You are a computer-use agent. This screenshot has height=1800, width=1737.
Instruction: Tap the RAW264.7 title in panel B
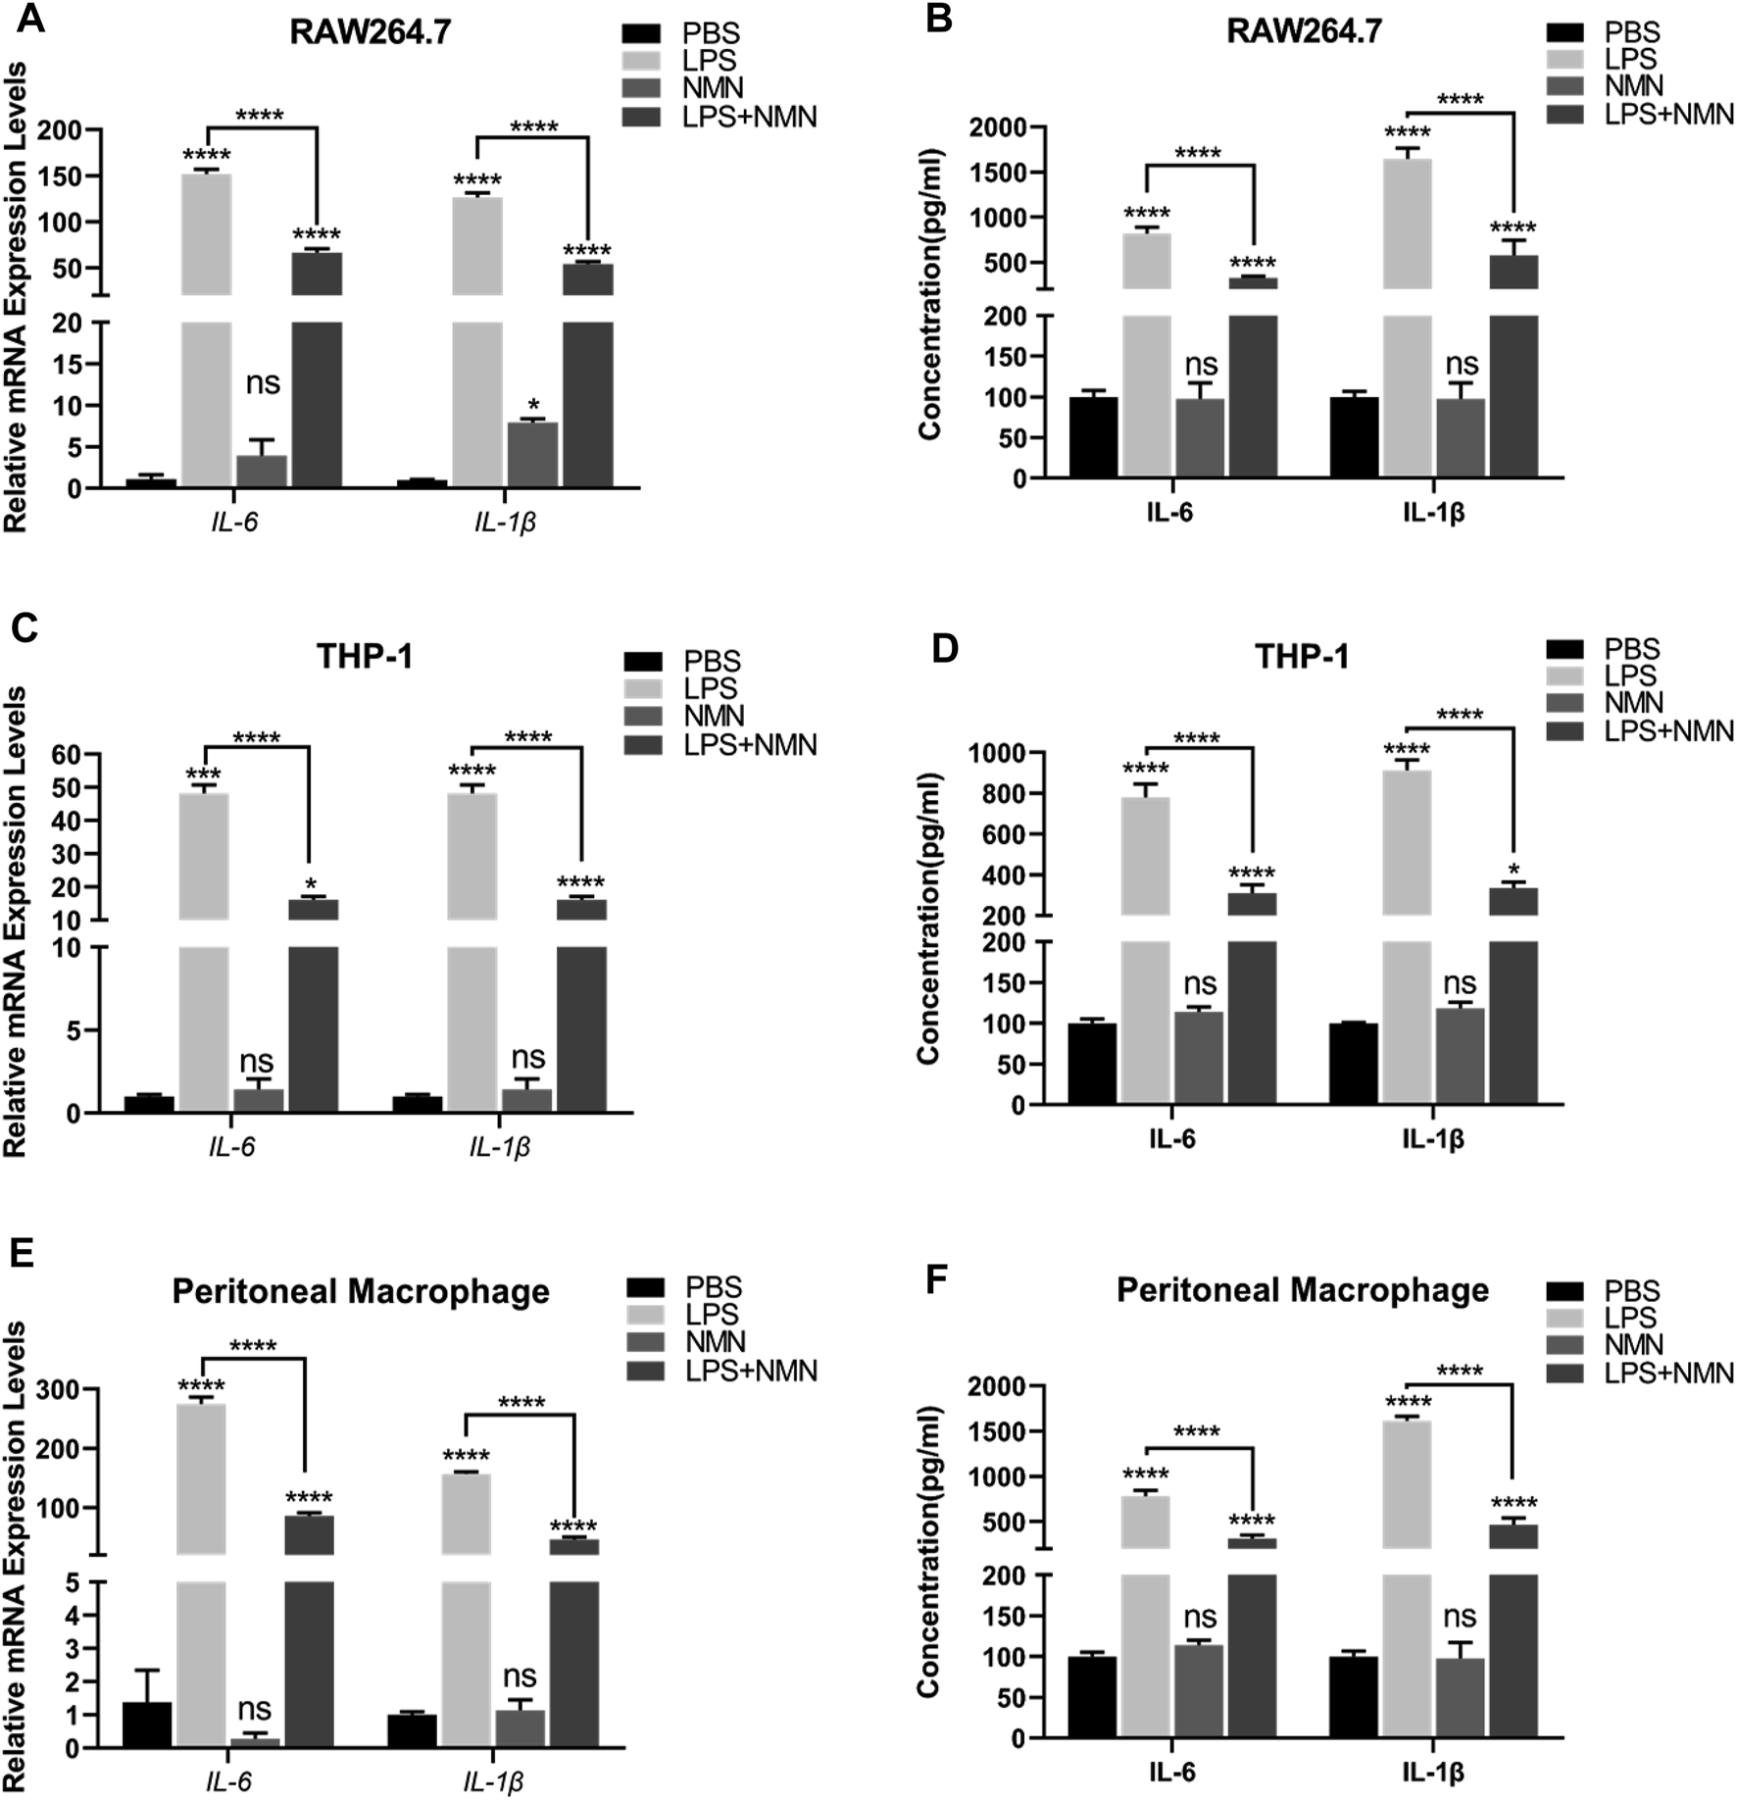click(1304, 31)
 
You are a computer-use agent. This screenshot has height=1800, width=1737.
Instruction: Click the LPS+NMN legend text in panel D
click(1668, 730)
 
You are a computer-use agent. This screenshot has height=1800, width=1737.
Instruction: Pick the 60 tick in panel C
click(80, 754)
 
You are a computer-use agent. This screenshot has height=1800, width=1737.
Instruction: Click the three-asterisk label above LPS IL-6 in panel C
click(203, 773)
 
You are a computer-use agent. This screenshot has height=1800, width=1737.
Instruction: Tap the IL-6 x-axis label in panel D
click(1172, 1139)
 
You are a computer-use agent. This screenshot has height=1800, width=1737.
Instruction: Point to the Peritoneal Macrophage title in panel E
click(361, 1291)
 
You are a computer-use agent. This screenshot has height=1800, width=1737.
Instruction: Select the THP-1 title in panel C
click(365, 656)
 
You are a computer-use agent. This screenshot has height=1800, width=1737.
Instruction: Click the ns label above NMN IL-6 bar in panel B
click(1201, 365)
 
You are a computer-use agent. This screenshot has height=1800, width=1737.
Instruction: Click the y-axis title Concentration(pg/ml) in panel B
click(928, 294)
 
